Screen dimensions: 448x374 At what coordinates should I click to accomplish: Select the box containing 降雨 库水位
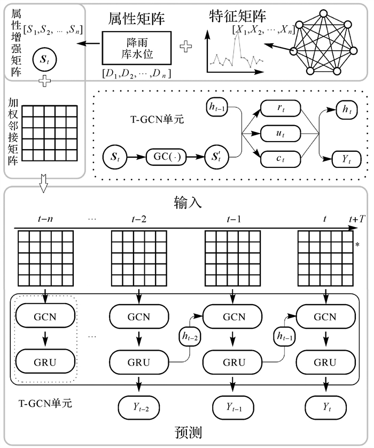(x=136, y=49)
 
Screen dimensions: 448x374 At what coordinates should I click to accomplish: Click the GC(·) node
(x=165, y=159)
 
